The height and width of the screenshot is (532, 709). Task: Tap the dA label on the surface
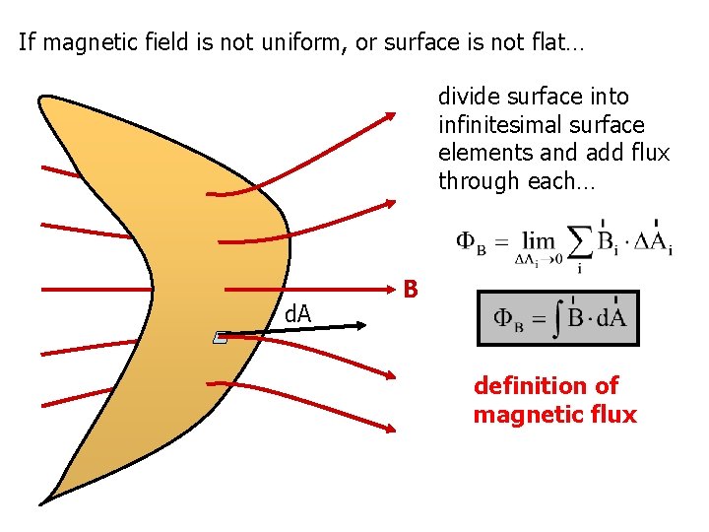click(x=296, y=314)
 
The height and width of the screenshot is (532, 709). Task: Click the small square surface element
click(x=221, y=338)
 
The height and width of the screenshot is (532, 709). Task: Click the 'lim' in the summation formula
click(x=539, y=241)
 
